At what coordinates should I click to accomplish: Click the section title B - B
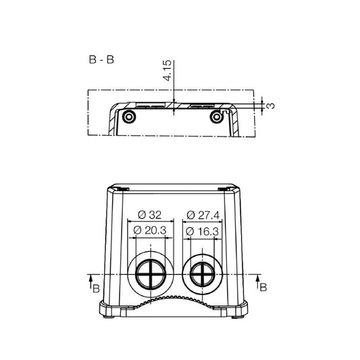point(101,59)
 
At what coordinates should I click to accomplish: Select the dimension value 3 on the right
point(271,105)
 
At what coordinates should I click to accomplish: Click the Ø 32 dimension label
point(151,215)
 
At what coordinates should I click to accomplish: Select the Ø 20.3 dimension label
point(151,231)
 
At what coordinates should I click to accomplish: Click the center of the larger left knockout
point(151,275)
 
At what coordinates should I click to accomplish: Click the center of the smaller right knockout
point(200,275)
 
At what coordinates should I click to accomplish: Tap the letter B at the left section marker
point(97,288)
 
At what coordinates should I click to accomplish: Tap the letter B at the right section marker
point(263,287)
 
